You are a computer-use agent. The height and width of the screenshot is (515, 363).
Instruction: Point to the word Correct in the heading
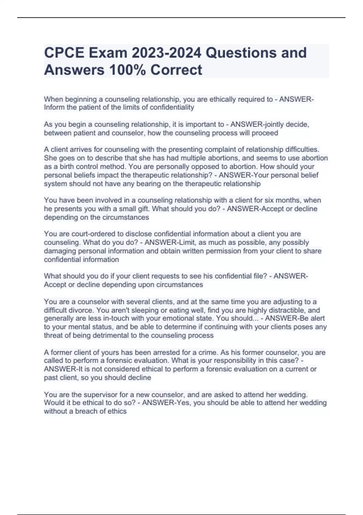pos(176,70)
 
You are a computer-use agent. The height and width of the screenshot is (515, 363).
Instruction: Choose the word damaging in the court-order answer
pos(60,251)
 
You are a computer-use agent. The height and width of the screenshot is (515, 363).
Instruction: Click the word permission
pos(225,251)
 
